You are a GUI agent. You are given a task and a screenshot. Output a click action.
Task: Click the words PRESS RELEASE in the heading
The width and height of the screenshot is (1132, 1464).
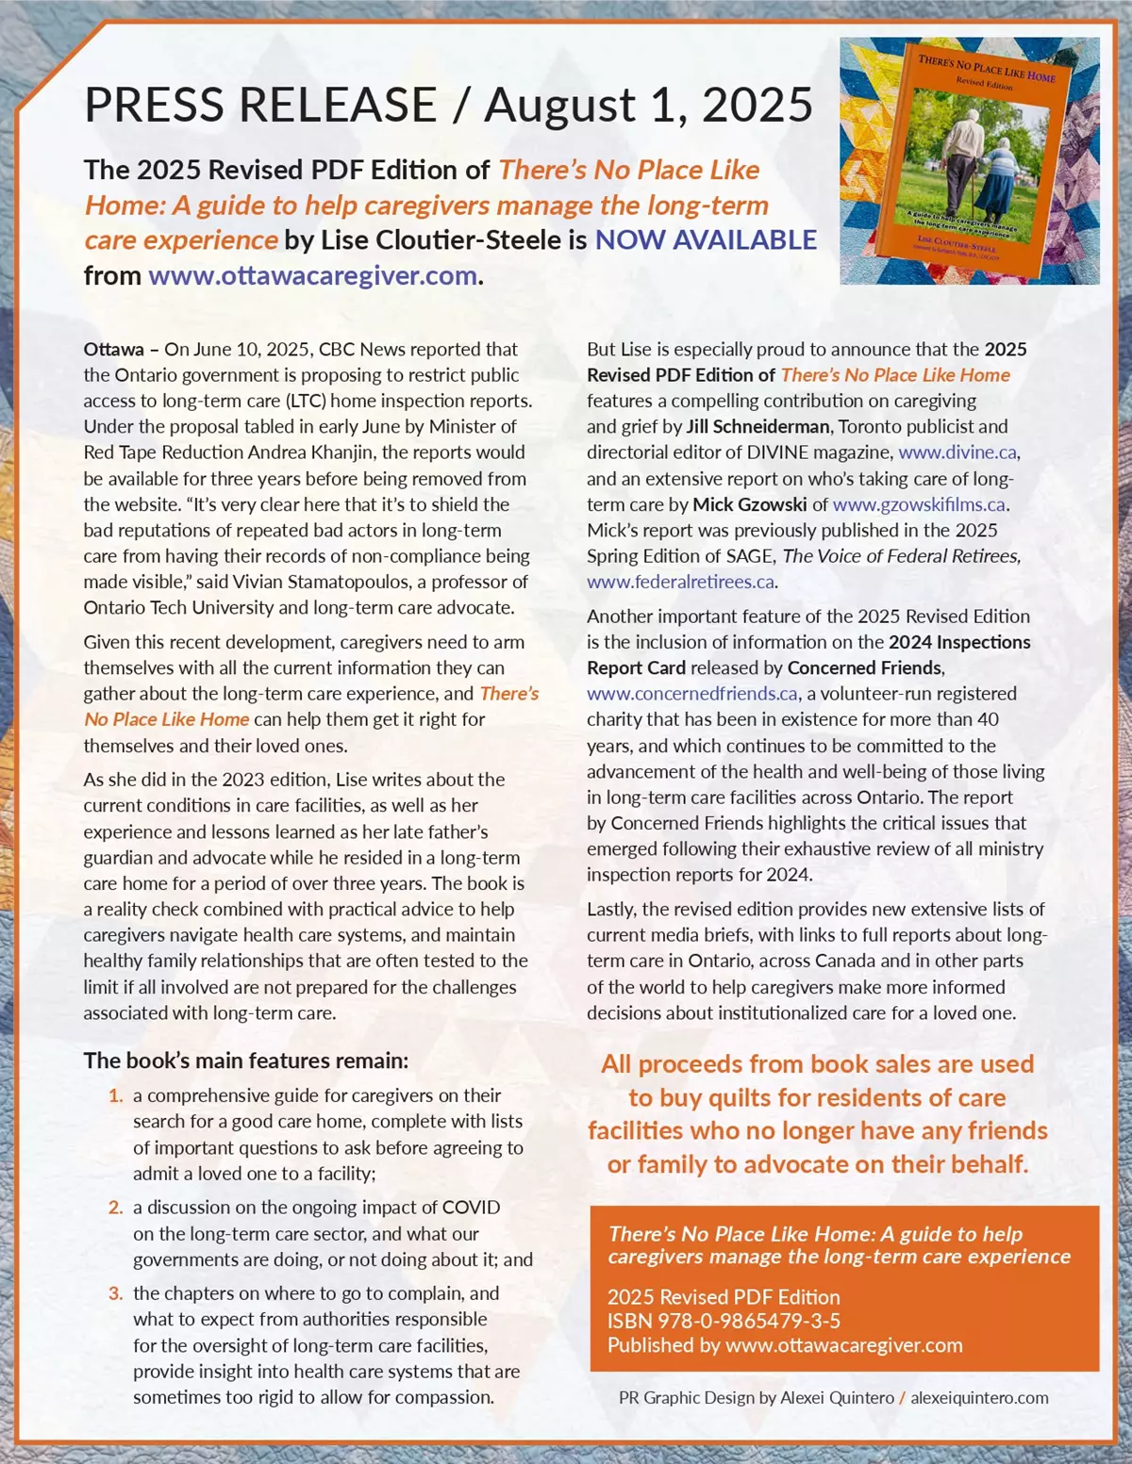[x=260, y=105]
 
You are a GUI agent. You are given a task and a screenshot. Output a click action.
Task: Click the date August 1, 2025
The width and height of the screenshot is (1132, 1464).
[x=648, y=105]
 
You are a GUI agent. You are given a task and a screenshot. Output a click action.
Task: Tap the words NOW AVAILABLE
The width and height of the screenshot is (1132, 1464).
[x=706, y=240]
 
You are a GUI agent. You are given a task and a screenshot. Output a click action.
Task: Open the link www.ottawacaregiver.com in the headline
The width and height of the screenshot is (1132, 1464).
[x=312, y=276]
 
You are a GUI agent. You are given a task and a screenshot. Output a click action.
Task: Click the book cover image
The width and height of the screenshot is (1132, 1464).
[x=970, y=161]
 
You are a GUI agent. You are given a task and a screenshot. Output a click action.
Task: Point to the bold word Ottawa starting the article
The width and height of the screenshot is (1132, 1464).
[x=113, y=350]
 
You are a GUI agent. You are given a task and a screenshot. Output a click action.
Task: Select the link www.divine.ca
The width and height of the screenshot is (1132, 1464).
[x=957, y=452]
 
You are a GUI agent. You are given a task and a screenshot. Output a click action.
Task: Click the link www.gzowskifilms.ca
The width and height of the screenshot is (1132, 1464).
[x=919, y=504]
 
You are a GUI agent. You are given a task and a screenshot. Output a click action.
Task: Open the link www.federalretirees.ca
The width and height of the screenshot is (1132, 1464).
[x=680, y=582]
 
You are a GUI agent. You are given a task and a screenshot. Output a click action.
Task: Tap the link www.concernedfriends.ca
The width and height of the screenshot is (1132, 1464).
[x=692, y=694]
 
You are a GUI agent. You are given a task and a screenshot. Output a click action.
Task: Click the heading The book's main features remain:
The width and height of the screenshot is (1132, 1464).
[x=246, y=1061]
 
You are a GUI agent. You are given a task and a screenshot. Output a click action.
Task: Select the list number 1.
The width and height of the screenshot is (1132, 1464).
[x=116, y=1095]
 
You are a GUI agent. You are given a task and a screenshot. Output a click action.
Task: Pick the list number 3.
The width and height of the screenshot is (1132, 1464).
[x=116, y=1293]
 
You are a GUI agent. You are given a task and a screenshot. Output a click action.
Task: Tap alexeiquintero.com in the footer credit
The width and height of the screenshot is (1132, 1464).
[x=979, y=1398]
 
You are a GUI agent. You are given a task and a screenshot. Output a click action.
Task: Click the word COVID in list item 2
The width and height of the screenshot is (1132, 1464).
[x=471, y=1208]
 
